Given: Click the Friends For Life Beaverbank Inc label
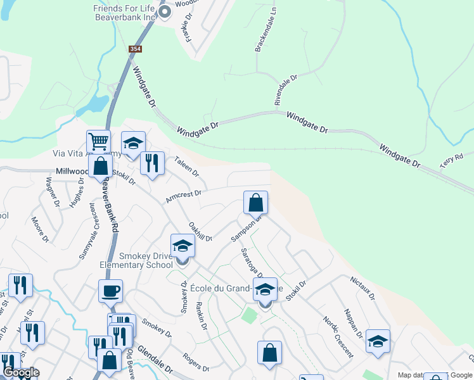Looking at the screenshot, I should click(x=124, y=13).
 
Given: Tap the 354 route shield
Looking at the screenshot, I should click(x=135, y=49).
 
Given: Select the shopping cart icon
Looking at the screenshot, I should click(x=98, y=141).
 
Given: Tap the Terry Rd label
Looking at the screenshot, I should click(x=452, y=161).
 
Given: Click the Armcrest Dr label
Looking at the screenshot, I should click(x=183, y=197).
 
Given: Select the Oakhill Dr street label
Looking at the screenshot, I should click(x=200, y=231).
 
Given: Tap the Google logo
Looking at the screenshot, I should click(x=21, y=373).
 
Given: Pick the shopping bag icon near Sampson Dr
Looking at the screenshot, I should click(x=256, y=203).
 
